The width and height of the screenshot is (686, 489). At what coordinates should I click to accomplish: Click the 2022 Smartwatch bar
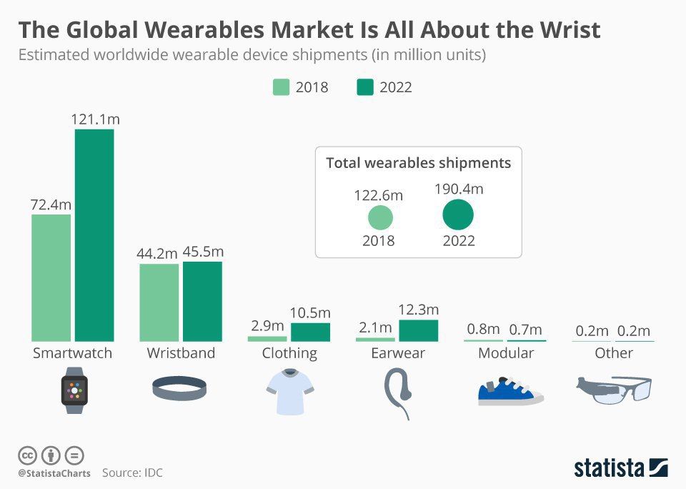point(94,235)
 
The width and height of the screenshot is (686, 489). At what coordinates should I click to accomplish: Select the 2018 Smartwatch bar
point(51,277)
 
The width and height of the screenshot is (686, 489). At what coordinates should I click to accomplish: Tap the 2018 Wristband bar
point(159,302)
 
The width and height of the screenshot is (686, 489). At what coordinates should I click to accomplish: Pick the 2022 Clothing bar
point(311,332)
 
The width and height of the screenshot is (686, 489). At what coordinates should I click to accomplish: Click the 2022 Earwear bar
point(419,330)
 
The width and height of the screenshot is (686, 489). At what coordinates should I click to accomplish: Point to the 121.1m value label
point(95,119)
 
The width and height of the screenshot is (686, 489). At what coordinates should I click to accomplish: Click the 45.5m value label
point(203,252)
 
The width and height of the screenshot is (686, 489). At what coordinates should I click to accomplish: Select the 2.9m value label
point(267,326)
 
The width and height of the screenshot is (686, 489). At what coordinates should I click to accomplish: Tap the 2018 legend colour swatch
point(281,87)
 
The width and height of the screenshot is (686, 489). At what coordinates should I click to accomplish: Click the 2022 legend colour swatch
point(365,87)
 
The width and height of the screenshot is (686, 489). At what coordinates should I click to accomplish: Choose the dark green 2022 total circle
point(458,214)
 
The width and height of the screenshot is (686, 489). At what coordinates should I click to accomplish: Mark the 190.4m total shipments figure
point(459,189)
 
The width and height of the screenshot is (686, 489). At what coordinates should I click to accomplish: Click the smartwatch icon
point(74,390)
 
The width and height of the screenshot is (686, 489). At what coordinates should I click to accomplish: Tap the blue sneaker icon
point(510,391)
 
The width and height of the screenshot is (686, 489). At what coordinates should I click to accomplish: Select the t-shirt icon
point(290,391)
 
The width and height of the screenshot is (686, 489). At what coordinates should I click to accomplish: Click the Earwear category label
point(398,353)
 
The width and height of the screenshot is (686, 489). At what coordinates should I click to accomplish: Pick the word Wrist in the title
point(570,30)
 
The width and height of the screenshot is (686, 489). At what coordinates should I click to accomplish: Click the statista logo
point(621,468)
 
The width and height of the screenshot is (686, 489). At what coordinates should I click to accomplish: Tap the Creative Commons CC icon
point(27,455)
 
